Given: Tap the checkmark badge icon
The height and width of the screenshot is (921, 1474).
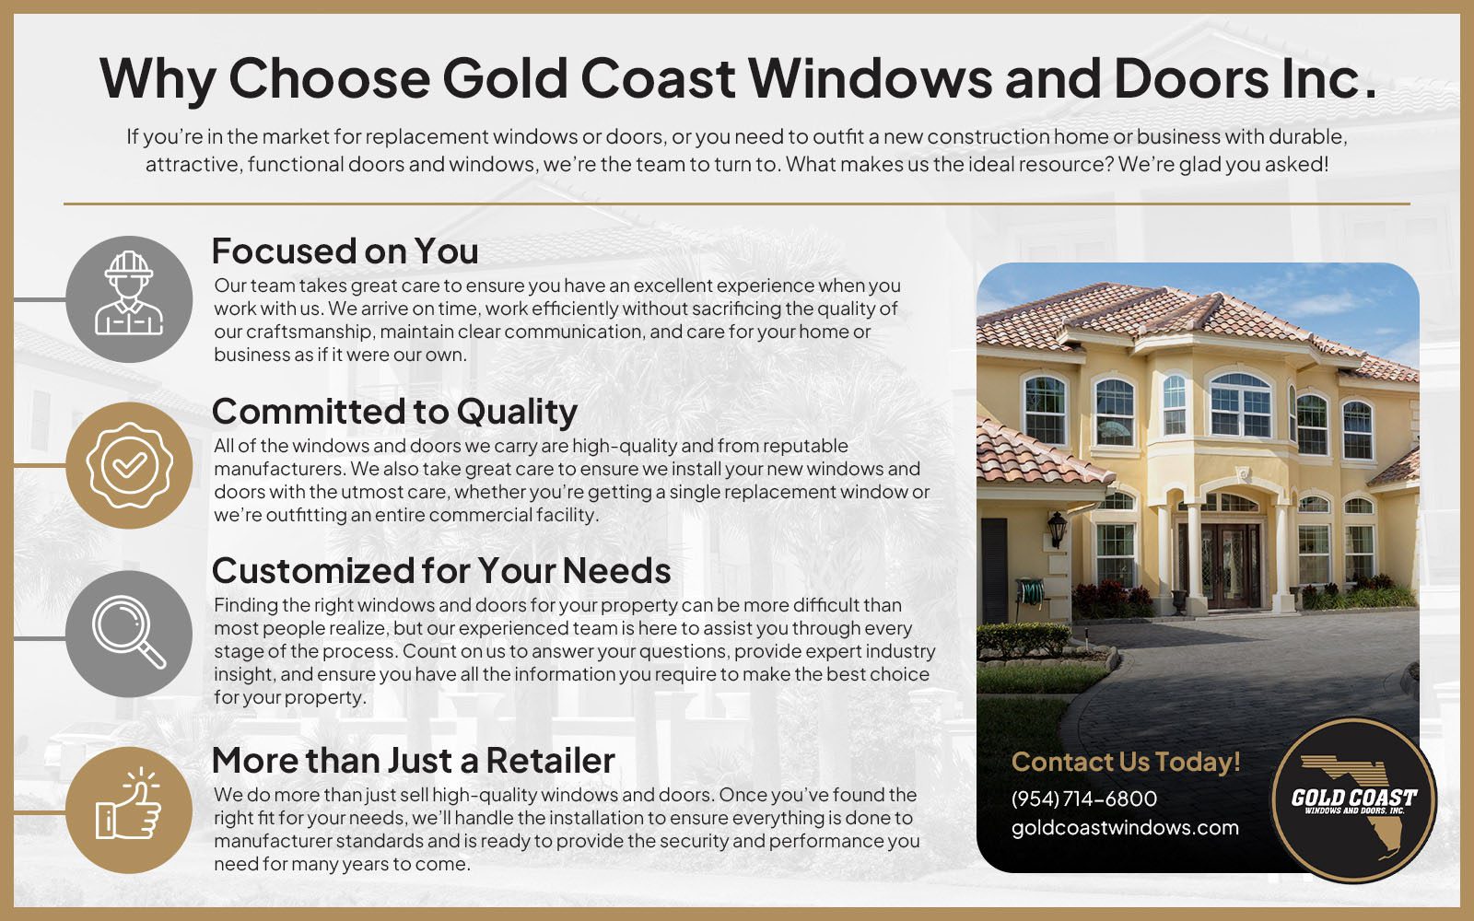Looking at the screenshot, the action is [x=129, y=466].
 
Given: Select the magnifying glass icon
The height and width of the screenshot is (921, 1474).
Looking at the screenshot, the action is [x=129, y=634].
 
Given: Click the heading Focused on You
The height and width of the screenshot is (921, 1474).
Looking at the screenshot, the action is [x=345, y=251].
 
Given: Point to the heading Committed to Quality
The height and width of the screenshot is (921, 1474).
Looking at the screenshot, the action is [x=394, y=413].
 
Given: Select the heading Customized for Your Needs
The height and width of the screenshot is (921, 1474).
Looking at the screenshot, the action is [x=441, y=570].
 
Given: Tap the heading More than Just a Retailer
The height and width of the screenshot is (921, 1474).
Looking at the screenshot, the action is [x=414, y=761].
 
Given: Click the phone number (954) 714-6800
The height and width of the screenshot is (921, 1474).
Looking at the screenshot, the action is [x=1083, y=799].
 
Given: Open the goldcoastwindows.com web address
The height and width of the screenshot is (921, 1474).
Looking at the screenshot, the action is [x=1125, y=828].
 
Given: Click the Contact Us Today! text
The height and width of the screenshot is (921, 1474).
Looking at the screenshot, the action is [x=1126, y=762].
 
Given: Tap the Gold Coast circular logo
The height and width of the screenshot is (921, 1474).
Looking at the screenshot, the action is [x=1354, y=800].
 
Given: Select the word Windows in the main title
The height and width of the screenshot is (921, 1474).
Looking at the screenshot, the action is [x=871, y=78].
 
